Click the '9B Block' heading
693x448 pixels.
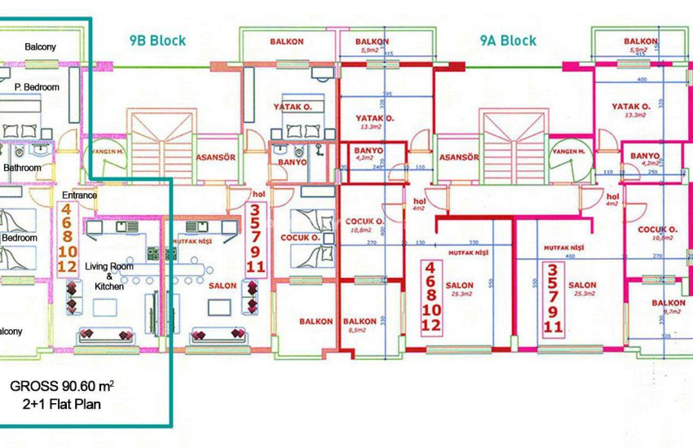tap(158, 40)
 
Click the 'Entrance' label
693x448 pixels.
tap(79, 195)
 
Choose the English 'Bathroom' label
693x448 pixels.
tap(22, 168)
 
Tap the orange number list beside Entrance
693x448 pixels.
tap(68, 239)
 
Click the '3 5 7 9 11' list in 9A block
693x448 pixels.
tap(553, 299)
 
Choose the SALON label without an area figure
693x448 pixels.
tap(223, 286)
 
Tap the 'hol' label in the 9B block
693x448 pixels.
tap(260, 195)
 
